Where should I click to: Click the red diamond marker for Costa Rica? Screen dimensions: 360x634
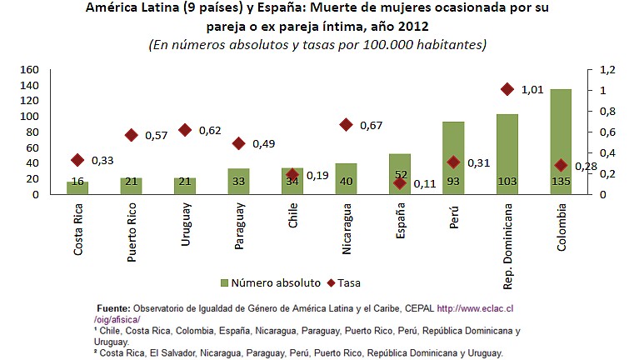click(x=77, y=160)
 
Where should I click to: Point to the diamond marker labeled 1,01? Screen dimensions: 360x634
click(x=507, y=89)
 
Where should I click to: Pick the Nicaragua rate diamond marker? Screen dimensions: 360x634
click(x=346, y=125)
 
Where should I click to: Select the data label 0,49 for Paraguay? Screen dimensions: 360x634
click(x=264, y=143)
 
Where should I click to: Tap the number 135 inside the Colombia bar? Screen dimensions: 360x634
click(x=561, y=182)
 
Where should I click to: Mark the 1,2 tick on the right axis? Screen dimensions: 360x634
click(x=607, y=69)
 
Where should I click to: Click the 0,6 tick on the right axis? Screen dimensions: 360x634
click(x=607, y=132)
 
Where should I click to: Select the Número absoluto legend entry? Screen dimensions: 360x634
click(x=267, y=282)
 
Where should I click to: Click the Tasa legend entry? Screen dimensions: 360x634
click(x=342, y=282)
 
